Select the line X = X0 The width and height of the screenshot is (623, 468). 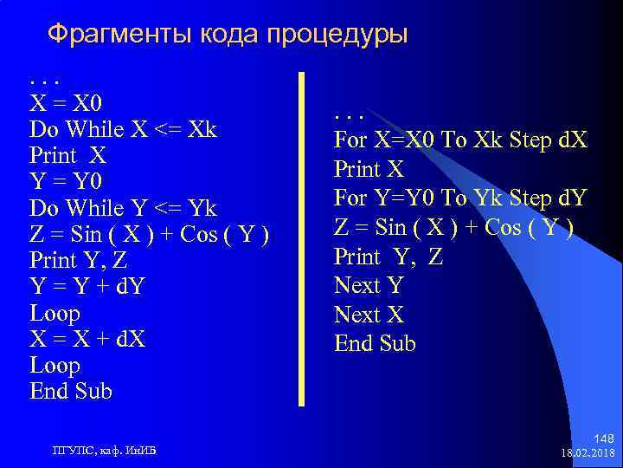67,103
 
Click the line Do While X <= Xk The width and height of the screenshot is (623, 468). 123,130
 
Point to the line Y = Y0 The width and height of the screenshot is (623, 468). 65,182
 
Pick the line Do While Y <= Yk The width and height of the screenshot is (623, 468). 123,208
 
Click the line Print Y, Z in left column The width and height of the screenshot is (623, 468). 79,260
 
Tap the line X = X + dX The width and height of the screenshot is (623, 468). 87,338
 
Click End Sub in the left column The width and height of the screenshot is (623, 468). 71,391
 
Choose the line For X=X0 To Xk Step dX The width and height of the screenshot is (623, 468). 460,140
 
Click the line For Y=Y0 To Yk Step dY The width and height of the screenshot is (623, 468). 460,198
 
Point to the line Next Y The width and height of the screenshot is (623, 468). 369,285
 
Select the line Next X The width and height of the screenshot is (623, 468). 369,315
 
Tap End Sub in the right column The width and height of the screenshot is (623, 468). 375,344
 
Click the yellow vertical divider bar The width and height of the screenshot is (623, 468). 301,238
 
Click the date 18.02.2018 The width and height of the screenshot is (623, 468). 588,453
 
